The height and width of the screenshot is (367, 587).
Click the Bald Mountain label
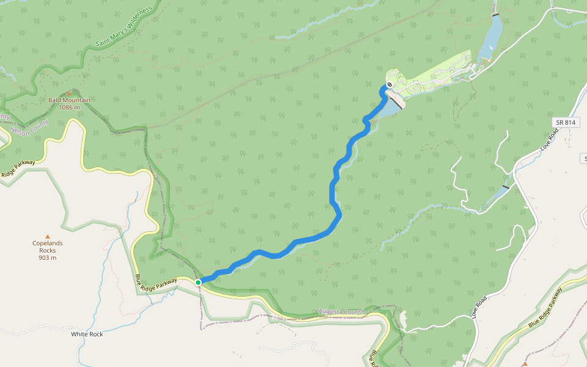[x=69, y=100]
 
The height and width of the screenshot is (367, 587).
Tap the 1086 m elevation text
[x=69, y=108]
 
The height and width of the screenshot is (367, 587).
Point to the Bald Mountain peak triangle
[x=69, y=93]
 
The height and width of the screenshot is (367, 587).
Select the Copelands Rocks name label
[x=48, y=247]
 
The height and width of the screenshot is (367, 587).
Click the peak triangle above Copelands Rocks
[x=48, y=236]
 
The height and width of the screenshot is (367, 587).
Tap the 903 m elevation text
[x=48, y=258]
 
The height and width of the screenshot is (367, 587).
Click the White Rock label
[x=87, y=334]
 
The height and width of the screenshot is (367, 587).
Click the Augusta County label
[x=341, y=312]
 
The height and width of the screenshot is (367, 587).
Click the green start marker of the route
[x=198, y=282]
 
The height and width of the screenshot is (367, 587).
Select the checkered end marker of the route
[x=389, y=85]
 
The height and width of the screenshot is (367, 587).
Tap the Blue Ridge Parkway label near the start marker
[x=155, y=282]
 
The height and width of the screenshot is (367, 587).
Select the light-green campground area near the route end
[x=435, y=76]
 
